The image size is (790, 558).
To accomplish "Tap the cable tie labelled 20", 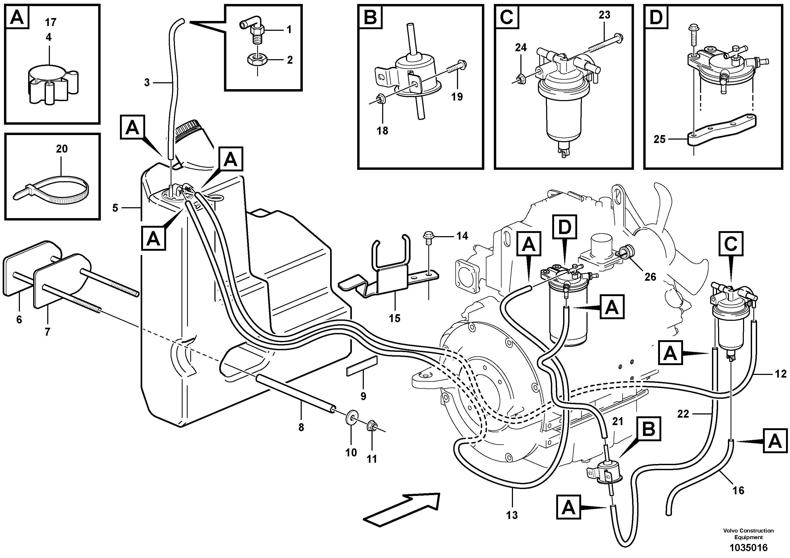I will tap(51, 191).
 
